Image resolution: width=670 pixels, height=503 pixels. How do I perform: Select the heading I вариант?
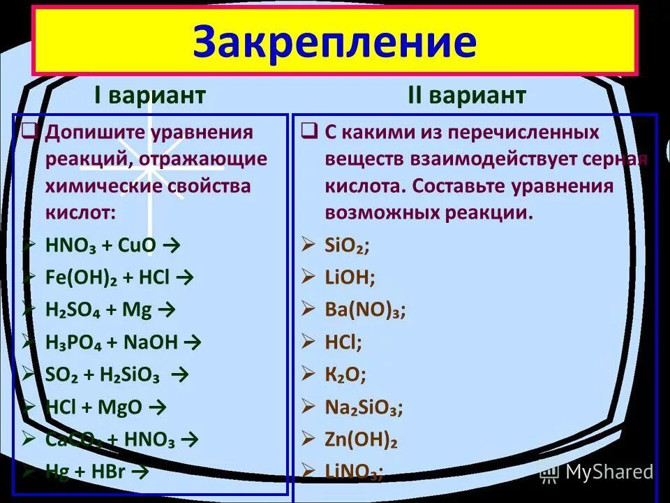pyautogui.click(x=150, y=96)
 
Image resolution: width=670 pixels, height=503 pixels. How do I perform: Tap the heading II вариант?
pyautogui.click(x=466, y=96)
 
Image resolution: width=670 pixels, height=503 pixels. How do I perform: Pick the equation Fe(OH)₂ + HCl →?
pyautogui.click(x=119, y=277)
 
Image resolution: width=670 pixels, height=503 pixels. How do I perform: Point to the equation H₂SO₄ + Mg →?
pyautogui.click(x=110, y=309)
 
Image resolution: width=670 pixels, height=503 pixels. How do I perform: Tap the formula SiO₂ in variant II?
pyautogui.click(x=347, y=245)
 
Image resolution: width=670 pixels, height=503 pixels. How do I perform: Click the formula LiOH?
pyautogui.click(x=350, y=277)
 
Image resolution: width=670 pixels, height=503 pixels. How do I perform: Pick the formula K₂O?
pyautogui.click(x=345, y=374)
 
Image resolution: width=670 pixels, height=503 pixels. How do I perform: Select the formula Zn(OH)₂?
pyautogui.click(x=361, y=439)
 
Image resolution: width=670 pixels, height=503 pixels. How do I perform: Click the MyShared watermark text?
pyautogui.click(x=609, y=472)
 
